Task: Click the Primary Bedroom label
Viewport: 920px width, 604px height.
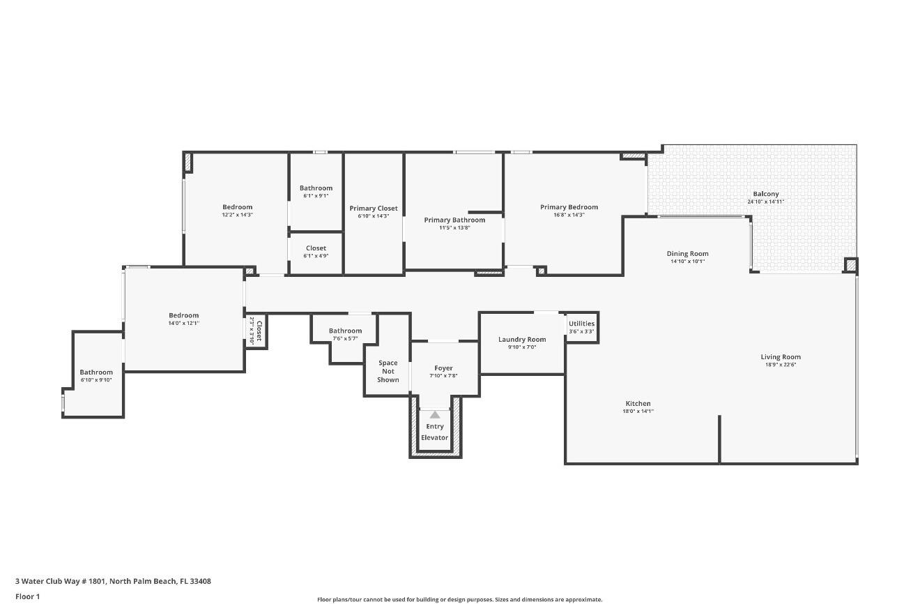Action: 569,207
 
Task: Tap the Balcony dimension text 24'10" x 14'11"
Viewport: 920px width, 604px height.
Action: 765,202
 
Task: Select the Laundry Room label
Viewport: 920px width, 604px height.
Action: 522,340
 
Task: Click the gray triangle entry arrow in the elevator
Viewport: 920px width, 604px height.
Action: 435,414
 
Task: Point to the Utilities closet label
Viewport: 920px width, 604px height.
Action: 581,324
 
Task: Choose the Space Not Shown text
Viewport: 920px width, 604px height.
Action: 388,371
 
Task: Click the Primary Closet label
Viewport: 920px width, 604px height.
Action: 374,209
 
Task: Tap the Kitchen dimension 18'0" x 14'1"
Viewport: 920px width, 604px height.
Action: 638,411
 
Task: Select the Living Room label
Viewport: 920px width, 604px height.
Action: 781,357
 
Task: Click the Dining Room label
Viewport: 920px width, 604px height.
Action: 687,254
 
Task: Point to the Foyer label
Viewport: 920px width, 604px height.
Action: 443,368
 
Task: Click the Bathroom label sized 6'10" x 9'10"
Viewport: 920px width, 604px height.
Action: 95,372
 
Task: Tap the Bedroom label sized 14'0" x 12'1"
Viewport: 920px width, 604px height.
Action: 183,315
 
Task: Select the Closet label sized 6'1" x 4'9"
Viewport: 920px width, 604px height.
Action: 316,248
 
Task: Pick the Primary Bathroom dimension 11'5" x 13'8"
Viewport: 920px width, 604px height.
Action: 454,227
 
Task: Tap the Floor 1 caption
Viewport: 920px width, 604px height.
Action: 28,596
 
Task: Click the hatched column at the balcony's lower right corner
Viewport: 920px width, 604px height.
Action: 850,265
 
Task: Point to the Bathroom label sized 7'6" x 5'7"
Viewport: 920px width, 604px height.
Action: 345,331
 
